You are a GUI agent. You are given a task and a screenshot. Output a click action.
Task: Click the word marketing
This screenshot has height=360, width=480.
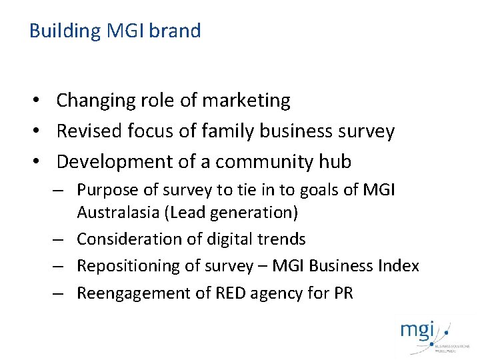pyautogui.click(x=246, y=101)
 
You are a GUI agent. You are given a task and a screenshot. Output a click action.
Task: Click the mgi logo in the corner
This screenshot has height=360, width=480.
pyautogui.click(x=425, y=334)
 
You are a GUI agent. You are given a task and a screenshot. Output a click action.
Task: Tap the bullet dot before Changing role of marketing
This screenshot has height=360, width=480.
pyautogui.click(x=41, y=101)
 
